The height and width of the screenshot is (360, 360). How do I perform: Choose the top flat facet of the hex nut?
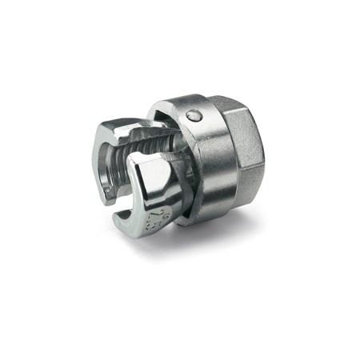(x=240, y=107)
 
